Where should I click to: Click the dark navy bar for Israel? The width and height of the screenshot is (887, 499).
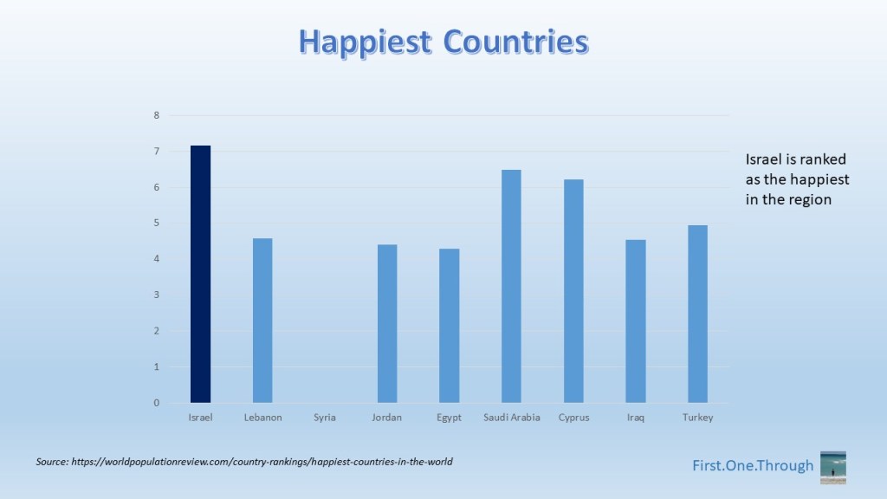200,274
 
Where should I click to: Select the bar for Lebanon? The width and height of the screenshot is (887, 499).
262,321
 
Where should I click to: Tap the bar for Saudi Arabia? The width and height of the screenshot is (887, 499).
511,286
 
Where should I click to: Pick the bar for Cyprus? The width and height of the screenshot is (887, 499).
573,291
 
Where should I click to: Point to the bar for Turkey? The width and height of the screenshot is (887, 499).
697,314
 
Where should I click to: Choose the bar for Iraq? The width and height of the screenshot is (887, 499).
636,321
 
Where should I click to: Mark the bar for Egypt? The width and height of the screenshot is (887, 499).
450,326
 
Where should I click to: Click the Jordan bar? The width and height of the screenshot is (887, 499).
387,324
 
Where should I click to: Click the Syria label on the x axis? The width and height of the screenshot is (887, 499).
325,418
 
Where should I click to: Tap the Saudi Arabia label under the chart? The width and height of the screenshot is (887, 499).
511,418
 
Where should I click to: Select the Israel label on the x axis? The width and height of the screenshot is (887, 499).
200,418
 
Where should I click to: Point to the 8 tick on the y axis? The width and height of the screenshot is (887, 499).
157,115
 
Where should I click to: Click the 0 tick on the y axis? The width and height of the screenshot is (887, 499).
157,403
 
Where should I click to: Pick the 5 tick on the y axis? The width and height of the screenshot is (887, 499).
157,223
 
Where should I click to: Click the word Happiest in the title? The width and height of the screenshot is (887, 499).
365,42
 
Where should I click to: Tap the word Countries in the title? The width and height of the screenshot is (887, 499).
516,42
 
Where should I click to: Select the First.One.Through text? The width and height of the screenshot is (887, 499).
753,465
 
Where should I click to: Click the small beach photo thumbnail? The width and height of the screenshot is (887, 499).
833,467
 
